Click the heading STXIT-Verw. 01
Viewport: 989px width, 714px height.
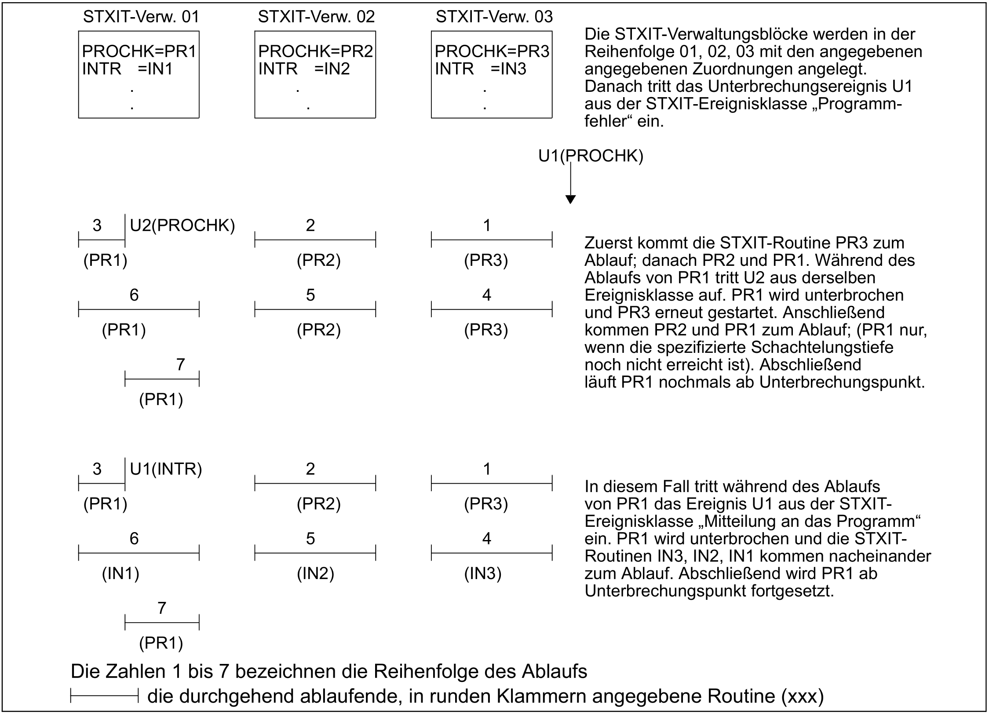click(x=141, y=17)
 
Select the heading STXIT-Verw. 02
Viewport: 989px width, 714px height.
click(x=316, y=17)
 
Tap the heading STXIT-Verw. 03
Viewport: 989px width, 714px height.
click(x=494, y=17)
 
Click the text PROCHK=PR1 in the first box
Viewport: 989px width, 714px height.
click(x=139, y=52)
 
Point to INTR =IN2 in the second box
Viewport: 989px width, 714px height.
click(x=304, y=69)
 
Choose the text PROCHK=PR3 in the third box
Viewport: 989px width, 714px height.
click(x=492, y=52)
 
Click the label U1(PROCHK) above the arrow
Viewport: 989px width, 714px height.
click(x=591, y=156)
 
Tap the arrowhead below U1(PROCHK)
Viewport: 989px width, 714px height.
click(x=570, y=199)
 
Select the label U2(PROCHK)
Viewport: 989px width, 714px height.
click(x=182, y=225)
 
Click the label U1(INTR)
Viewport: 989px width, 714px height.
click(x=166, y=469)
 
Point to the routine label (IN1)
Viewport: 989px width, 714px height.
click(x=120, y=574)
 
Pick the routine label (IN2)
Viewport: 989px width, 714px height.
click(x=315, y=574)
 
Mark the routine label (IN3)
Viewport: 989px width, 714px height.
click(x=483, y=574)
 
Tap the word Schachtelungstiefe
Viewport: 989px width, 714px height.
click(x=822, y=348)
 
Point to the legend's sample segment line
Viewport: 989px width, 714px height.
click(x=105, y=696)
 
